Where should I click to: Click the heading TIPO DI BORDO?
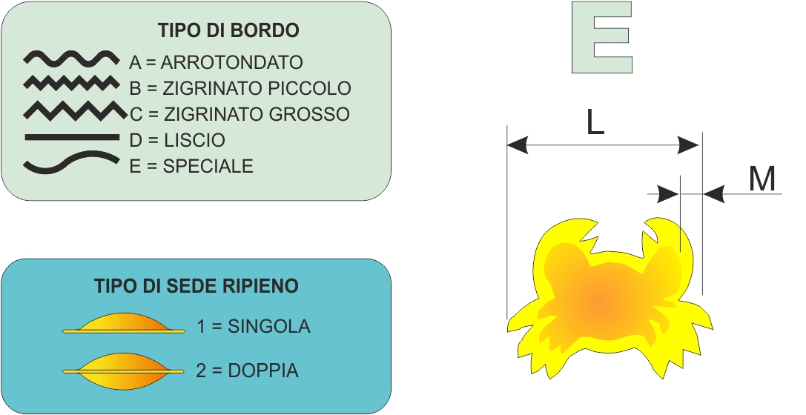[x=228, y=30]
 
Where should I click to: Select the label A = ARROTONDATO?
[x=216, y=62]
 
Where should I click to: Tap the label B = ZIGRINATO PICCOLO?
[x=240, y=88]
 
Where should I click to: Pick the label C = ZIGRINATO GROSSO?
[x=240, y=114]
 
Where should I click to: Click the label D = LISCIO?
[x=177, y=140]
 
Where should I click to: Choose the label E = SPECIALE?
[x=191, y=166]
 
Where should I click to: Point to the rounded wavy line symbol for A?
[x=71, y=59]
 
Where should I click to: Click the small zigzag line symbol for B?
[x=71, y=83]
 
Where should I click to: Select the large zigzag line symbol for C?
[x=75, y=111]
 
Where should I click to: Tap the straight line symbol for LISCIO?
[x=72, y=137]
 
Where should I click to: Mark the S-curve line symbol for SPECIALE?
[x=71, y=162]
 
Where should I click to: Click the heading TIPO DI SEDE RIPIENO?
[x=196, y=285]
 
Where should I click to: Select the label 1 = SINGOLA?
[x=254, y=326]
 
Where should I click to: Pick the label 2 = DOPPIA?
[x=247, y=371]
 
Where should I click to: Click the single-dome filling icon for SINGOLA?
[x=123, y=324]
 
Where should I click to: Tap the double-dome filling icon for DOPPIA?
[x=123, y=371]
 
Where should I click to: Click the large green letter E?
[x=602, y=37]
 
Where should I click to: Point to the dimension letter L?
[x=595, y=123]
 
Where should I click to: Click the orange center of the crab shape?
[x=600, y=303]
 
